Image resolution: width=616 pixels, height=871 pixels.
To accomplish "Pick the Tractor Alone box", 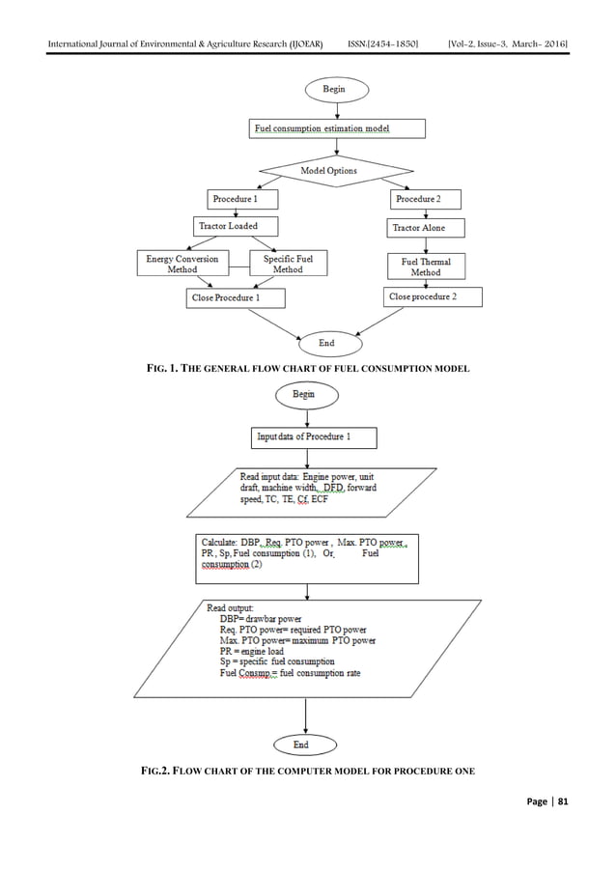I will (426, 228).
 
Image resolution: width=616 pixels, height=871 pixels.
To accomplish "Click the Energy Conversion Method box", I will (182, 264).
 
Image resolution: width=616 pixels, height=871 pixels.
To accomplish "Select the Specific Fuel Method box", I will (288, 264).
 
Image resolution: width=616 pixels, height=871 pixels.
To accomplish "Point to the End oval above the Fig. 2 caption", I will (307, 744).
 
